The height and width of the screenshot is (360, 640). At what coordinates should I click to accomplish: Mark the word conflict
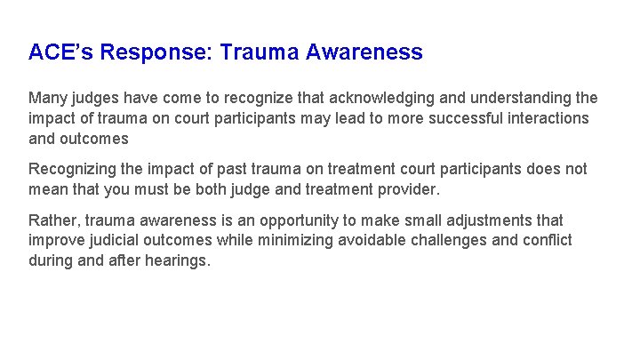547,241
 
